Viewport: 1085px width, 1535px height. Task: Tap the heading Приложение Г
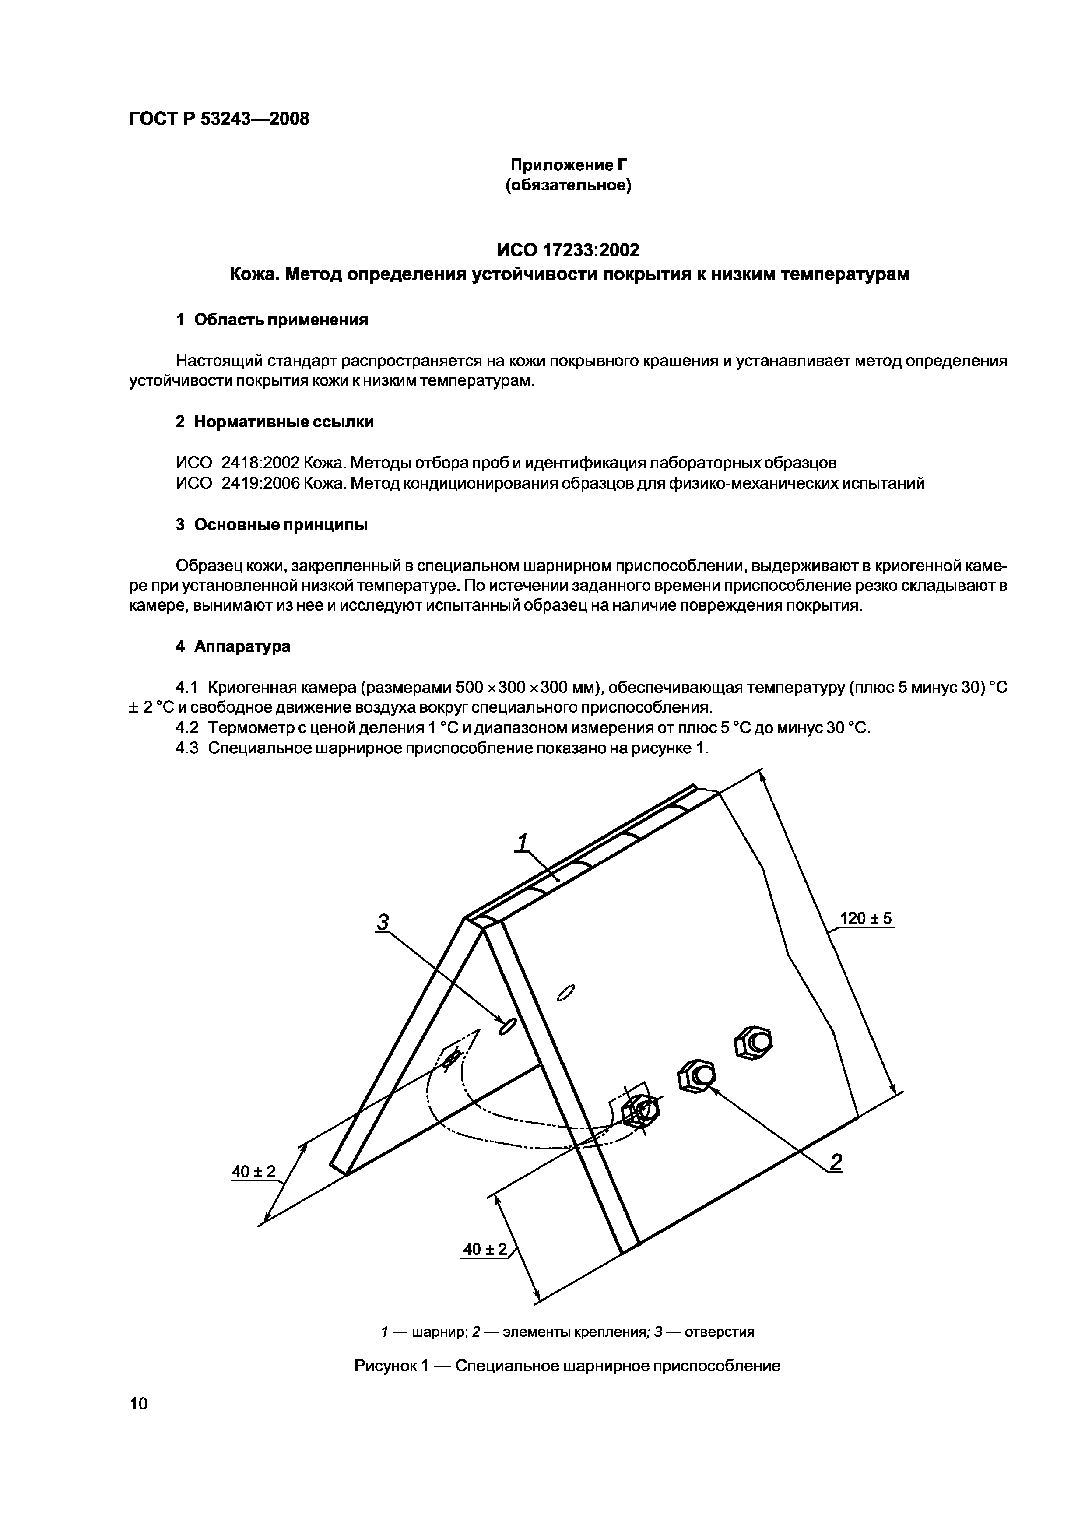[569, 165]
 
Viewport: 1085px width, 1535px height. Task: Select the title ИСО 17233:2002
[568, 250]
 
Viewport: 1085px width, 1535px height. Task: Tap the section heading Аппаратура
[242, 646]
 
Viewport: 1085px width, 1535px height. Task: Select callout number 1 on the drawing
[523, 841]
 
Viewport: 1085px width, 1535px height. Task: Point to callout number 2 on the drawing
[836, 1163]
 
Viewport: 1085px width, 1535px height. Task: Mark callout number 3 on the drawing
[383, 923]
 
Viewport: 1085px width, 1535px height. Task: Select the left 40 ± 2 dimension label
[253, 1171]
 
